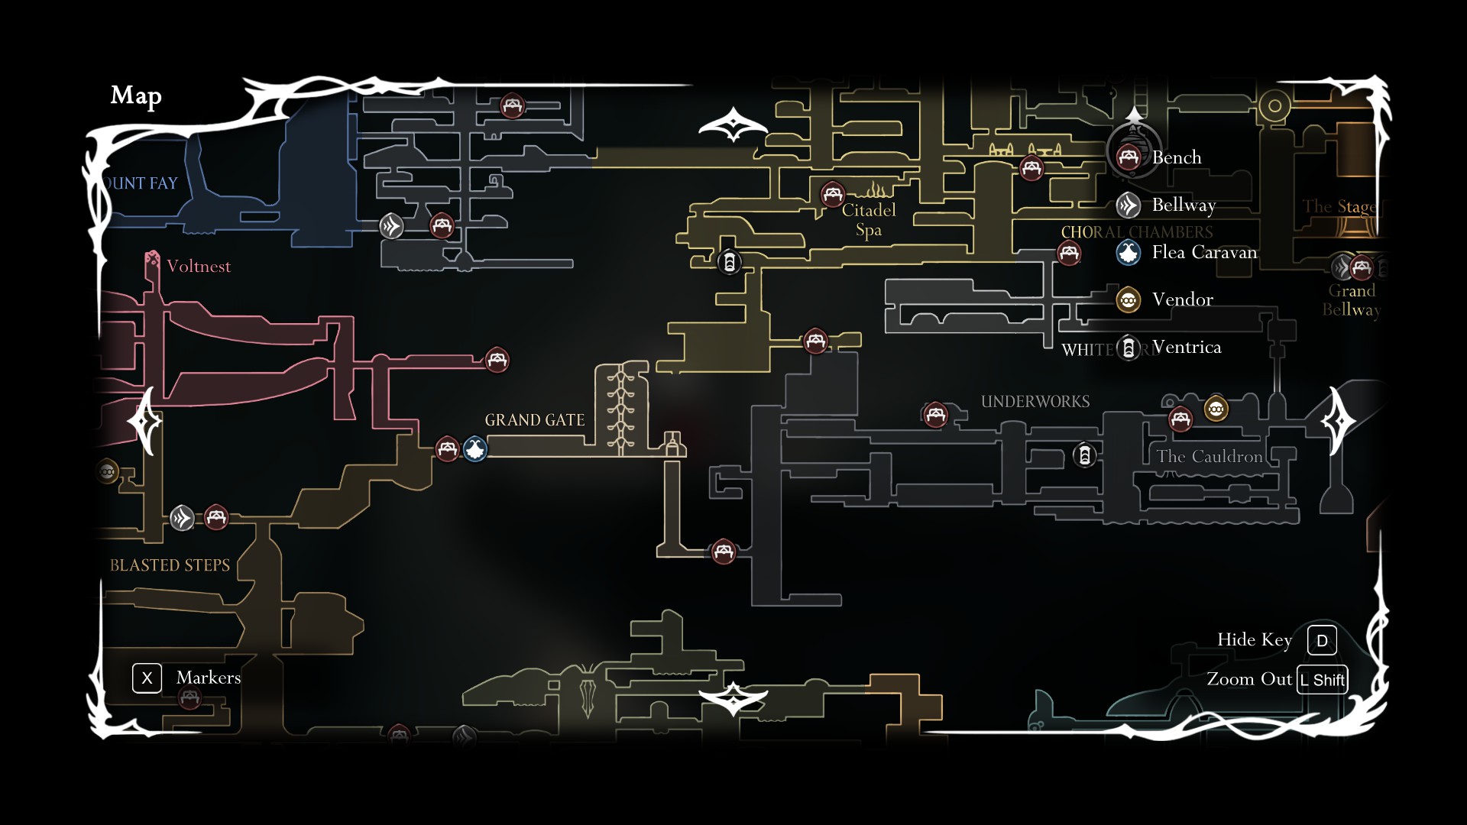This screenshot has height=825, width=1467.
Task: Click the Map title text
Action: (136, 95)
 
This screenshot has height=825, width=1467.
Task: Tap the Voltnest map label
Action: (198, 267)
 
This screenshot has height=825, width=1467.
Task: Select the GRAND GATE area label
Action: (534, 420)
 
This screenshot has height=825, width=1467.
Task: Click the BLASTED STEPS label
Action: (170, 565)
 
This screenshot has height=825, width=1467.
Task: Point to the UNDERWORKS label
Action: (1035, 402)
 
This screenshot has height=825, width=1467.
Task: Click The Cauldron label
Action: (1209, 457)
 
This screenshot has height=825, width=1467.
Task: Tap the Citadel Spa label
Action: (869, 220)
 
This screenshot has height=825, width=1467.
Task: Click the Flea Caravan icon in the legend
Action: (1129, 253)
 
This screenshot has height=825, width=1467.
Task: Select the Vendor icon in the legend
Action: (1129, 300)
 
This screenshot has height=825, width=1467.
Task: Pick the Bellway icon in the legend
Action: (1129, 205)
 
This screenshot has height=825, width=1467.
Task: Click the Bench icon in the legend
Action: (1129, 157)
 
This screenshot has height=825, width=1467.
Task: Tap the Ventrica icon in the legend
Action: (1129, 348)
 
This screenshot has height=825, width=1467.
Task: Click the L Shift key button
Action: (1323, 680)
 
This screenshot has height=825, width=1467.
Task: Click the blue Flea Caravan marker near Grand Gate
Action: (475, 449)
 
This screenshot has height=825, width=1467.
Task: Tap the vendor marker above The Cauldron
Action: (1216, 409)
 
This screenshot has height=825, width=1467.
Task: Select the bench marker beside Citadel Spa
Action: (832, 194)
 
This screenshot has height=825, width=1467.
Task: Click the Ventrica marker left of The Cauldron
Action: (1085, 455)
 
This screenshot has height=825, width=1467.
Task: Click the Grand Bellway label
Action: (1352, 300)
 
